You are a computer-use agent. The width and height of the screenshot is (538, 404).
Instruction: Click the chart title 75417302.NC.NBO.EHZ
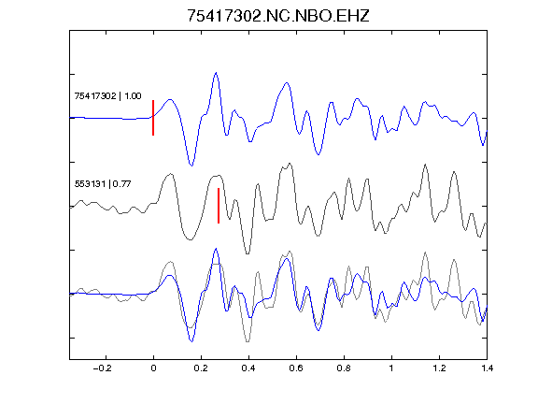pyautogui.click(x=278, y=16)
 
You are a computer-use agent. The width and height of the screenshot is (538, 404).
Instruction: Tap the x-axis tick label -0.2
pyautogui.click(x=102, y=368)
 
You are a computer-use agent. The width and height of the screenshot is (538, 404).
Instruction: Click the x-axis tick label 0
pyautogui.click(x=153, y=368)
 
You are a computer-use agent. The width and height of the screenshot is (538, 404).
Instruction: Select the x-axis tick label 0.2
pyautogui.click(x=201, y=368)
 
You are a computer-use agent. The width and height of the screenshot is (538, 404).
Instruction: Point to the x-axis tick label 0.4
pyautogui.click(x=248, y=368)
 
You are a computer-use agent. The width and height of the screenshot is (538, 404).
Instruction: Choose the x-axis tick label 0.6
pyautogui.click(x=296, y=368)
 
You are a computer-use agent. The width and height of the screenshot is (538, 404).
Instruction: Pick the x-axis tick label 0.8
pyautogui.click(x=344, y=368)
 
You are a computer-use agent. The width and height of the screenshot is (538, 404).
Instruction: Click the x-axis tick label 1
pyautogui.click(x=391, y=368)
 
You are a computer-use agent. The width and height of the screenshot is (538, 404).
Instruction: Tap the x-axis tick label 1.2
pyautogui.click(x=439, y=368)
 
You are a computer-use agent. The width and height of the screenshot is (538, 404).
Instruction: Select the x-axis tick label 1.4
pyautogui.click(x=487, y=368)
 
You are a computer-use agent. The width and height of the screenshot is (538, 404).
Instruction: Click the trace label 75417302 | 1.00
pyautogui.click(x=107, y=95)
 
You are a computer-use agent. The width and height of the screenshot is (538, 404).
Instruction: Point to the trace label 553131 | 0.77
pyautogui.click(x=103, y=184)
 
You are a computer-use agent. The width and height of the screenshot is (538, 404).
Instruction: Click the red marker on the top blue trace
pyautogui.click(x=153, y=118)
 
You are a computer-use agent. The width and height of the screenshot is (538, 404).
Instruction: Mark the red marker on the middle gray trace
pyautogui.click(x=219, y=206)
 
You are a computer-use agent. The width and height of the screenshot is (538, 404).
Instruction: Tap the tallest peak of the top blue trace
pyautogui.click(x=216, y=73)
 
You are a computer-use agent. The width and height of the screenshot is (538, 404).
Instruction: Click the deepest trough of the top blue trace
pyautogui.click(x=191, y=166)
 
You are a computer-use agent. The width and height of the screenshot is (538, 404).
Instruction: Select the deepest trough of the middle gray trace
pyautogui.click(x=248, y=253)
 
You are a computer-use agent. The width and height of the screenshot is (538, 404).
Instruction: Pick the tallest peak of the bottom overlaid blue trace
pyautogui.click(x=216, y=249)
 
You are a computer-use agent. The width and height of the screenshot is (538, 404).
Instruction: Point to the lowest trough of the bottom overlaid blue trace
pyautogui.click(x=191, y=341)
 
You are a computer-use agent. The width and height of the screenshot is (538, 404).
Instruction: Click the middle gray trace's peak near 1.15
pyautogui.click(x=426, y=165)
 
